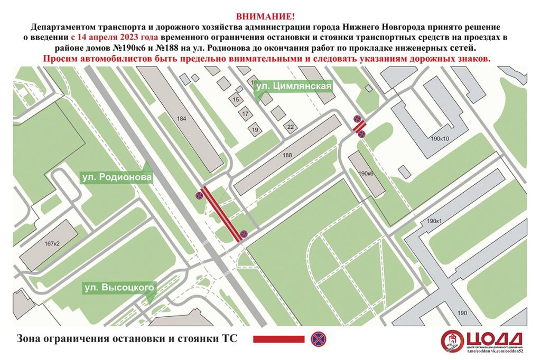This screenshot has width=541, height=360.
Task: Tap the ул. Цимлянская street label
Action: click(x=294, y=87)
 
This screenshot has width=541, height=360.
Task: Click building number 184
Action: click(x=182, y=119)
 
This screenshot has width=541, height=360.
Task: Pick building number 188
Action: click(x=287, y=155)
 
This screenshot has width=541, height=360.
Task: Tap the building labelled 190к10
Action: click(x=439, y=139)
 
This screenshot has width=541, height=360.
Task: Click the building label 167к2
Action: click(x=52, y=243)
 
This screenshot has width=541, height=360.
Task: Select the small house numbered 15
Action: click(x=236, y=99)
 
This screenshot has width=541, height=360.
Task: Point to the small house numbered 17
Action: click(x=245, y=113)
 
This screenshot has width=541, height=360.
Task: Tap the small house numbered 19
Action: click(x=255, y=130)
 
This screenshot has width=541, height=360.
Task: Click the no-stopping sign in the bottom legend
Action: click(x=317, y=338)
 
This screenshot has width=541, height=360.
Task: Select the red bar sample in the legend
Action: click(x=278, y=339)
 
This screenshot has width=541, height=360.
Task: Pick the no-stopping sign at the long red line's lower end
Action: click(x=244, y=233)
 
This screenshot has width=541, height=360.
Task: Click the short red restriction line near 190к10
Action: click(x=359, y=127)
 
